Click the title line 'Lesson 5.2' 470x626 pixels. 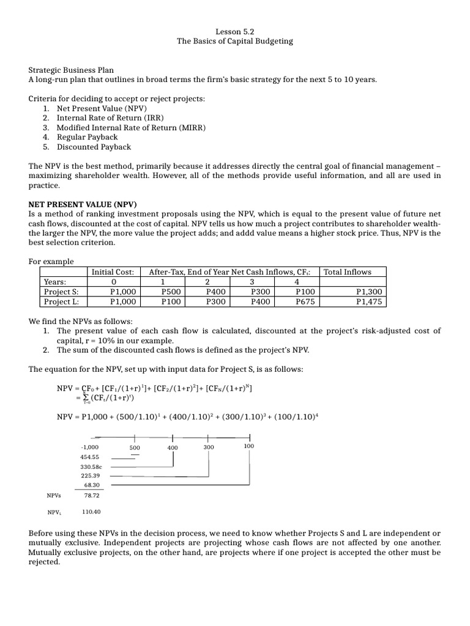(234, 31)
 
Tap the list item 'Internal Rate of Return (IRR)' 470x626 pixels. (110, 117)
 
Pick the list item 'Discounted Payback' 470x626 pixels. (94, 147)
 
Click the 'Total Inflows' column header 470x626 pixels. (347, 271)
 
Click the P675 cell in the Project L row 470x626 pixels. (304, 301)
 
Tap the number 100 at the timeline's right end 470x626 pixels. (248, 446)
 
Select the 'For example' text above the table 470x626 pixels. (51, 262)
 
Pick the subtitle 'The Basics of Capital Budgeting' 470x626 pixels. (234, 41)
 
